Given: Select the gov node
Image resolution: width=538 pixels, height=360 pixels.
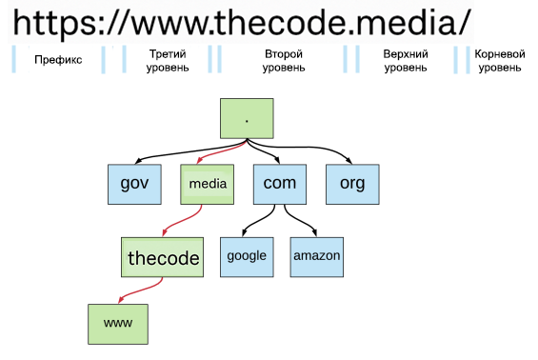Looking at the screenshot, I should [133, 184].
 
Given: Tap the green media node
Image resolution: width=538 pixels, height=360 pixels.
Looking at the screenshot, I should [207, 184].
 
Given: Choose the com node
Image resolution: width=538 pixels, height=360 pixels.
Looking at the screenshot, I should [279, 184].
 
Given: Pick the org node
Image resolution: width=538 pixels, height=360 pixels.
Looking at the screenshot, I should [352, 184].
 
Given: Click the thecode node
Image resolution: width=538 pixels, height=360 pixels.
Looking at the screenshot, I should [164, 257].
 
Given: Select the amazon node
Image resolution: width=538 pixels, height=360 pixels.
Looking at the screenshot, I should [316, 256].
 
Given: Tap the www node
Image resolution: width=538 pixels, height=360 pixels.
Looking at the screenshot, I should [118, 324].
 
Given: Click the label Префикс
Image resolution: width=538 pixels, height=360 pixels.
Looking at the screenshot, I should [57, 60].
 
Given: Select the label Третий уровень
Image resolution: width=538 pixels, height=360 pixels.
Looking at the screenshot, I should [169, 61].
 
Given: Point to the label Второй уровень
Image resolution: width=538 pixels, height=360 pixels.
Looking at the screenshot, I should [284, 61].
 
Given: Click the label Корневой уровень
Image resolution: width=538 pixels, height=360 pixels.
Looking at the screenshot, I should [499, 61].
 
